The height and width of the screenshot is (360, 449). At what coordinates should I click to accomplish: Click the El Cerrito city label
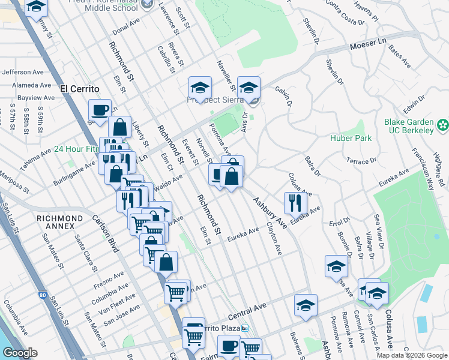tap(79, 88)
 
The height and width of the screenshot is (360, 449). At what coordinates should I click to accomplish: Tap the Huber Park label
tap(351, 138)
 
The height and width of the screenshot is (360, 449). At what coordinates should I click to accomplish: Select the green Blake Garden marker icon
tap(443, 125)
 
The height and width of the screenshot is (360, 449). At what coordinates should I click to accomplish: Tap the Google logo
tap(20, 353)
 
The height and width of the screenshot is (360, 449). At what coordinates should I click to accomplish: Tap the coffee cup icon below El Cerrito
tap(100, 110)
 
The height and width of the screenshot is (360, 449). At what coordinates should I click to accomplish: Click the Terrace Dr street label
tap(362, 160)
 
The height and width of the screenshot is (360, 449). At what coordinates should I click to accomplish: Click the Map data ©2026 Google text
tap(411, 355)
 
